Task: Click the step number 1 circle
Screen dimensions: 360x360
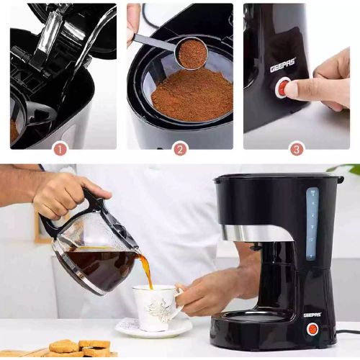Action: pos(60,149)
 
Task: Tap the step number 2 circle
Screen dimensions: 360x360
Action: pos(181,149)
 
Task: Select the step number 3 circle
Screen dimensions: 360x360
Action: pos(297,149)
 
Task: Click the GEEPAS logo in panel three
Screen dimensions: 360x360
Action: pos(283,66)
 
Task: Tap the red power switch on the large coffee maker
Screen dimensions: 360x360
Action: pos(312,329)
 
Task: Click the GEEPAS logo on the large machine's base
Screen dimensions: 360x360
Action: pos(312,315)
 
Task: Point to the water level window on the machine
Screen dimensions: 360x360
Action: pos(312,225)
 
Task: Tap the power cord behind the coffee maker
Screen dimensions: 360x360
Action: pos(348,332)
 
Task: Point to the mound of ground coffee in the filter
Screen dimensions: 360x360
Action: pos(192,95)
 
